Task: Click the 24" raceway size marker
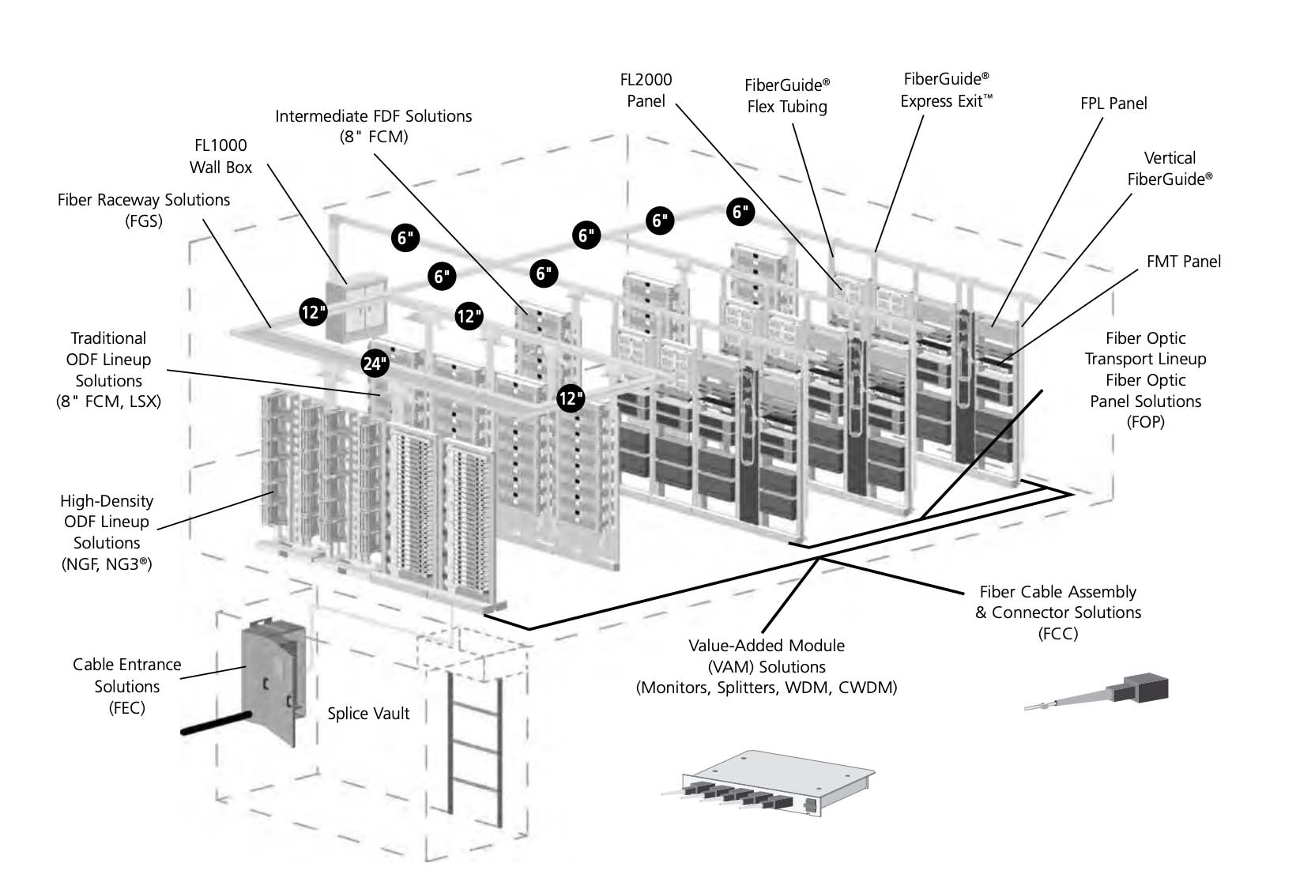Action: [x=375, y=363]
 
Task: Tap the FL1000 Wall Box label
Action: [x=220, y=156]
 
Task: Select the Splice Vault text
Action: [x=368, y=714]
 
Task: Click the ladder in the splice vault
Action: [x=475, y=746]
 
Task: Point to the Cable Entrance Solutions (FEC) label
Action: [x=126, y=686]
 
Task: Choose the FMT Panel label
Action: [x=1183, y=262]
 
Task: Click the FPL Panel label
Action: [x=1113, y=104]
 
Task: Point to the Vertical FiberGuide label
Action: [x=1169, y=168]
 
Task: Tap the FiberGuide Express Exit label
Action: [x=946, y=90]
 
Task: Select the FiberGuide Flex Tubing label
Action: [x=787, y=96]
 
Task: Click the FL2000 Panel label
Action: [x=646, y=90]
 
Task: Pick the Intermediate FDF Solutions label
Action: [x=373, y=126]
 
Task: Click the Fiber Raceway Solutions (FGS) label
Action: [x=143, y=210]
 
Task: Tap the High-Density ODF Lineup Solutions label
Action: [x=107, y=532]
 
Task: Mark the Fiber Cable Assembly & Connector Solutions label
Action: [x=1057, y=612]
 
